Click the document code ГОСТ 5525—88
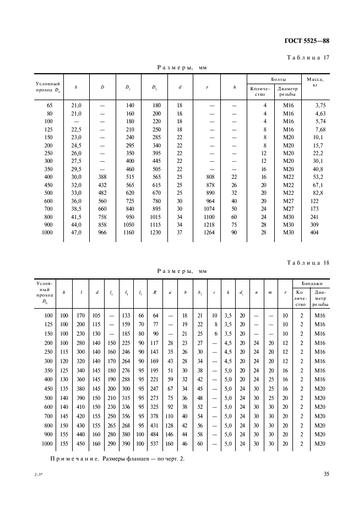(x=307, y=41)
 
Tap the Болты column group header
(x=274, y=79)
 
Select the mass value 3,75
(x=321, y=105)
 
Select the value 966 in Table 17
(x=102, y=233)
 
